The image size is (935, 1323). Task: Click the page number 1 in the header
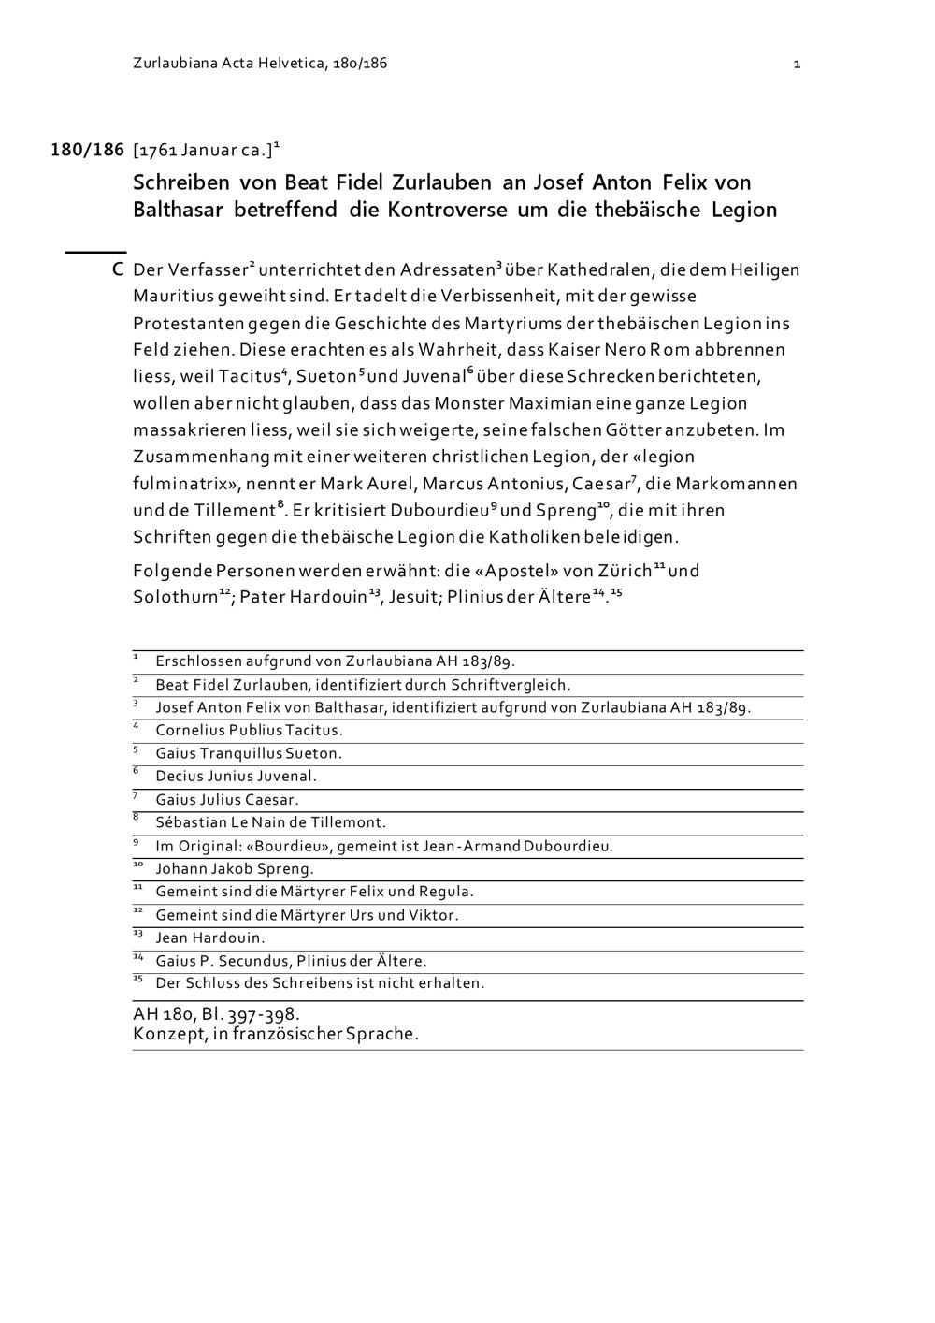click(x=797, y=65)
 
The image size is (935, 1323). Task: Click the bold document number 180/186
click(x=87, y=150)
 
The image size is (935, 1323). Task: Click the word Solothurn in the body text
click(x=176, y=598)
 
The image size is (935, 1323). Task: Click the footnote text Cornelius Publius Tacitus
click(x=249, y=731)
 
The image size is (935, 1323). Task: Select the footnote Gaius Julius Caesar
click(x=227, y=800)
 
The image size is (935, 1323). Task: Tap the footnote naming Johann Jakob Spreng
click(x=235, y=869)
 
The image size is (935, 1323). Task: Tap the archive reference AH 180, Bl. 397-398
click(x=216, y=1014)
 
